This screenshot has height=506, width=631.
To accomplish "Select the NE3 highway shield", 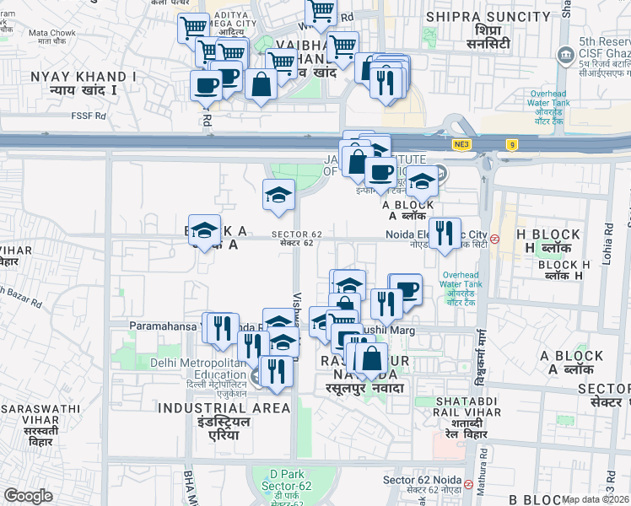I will click(x=461, y=144).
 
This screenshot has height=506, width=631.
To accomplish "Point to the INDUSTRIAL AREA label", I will click(x=224, y=408).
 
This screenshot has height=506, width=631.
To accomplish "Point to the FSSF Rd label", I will click(x=89, y=116).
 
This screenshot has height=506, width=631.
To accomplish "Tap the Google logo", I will click(x=28, y=495).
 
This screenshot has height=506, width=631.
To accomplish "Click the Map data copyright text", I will click(x=596, y=499).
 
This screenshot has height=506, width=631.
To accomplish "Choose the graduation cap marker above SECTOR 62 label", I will click(x=278, y=196).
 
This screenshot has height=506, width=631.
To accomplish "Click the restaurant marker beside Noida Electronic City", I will click(x=446, y=233).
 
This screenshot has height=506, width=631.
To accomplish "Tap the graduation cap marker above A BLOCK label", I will click(x=421, y=180).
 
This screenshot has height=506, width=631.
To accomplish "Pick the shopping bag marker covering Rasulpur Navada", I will click(x=371, y=358).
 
